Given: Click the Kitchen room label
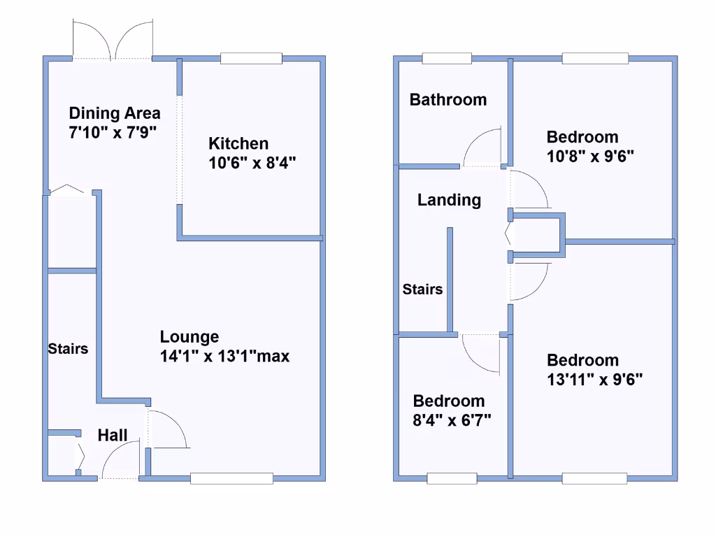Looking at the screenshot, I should (238, 144).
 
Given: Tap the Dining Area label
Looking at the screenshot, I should (115, 113).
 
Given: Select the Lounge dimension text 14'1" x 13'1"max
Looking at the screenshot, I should (224, 357).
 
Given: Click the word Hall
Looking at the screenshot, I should (113, 436).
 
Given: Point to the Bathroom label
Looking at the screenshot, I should (448, 100).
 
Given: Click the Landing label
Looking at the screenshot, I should (450, 201).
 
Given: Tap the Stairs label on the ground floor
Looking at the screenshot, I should (68, 348).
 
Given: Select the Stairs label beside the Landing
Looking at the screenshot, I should (422, 289).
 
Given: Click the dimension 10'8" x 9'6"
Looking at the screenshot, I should (589, 157).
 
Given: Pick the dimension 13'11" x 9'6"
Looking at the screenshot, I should (595, 380).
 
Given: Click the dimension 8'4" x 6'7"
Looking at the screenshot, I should (452, 420).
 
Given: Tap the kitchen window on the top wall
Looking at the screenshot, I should (251, 59).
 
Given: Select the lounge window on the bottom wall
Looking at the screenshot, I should (231, 478).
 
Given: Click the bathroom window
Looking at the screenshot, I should (447, 59).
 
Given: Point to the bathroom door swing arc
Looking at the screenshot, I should (482, 147).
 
